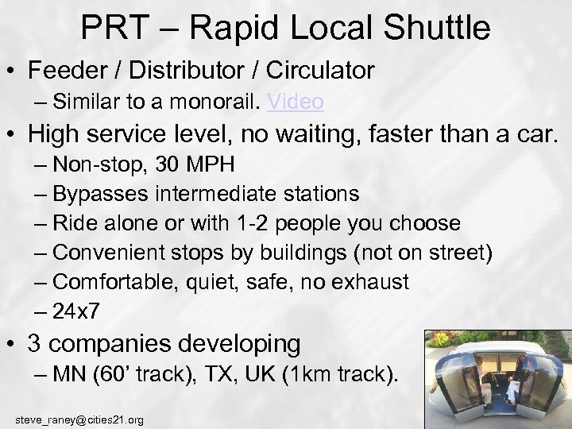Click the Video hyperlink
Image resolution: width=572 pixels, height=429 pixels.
tap(296, 102)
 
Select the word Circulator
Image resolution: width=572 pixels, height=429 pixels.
tap(319, 70)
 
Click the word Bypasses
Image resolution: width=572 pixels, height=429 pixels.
tap(102, 194)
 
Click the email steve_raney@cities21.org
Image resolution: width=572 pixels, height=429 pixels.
tap(79, 419)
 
